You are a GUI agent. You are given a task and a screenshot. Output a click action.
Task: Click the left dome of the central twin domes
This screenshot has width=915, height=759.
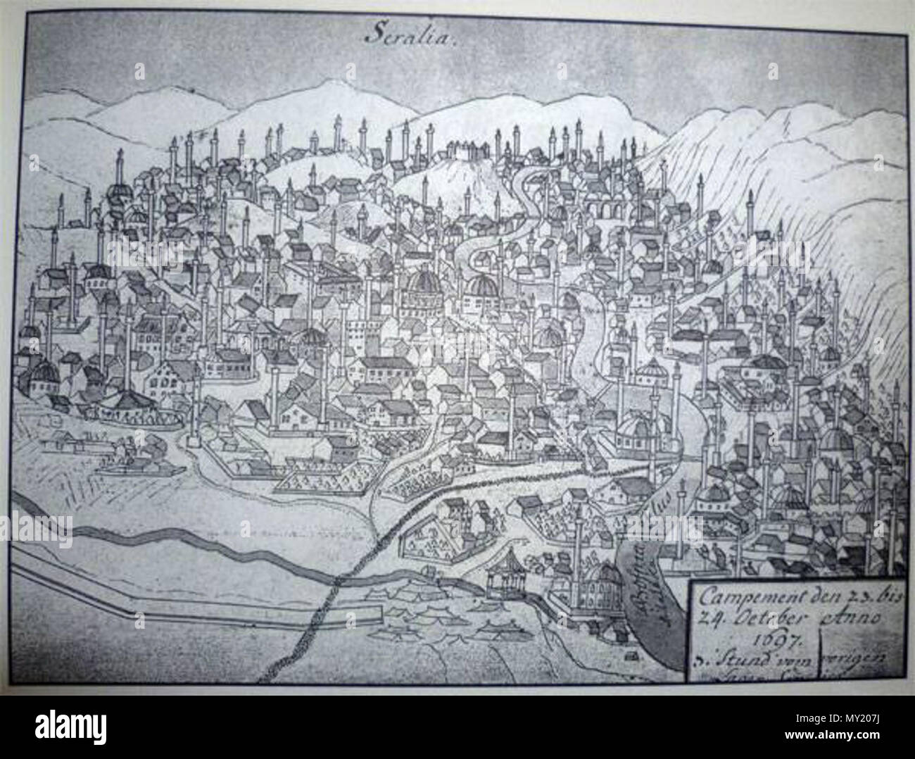click(423, 286)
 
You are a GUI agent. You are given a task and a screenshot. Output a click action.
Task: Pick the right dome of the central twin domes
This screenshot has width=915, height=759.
click(484, 287)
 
